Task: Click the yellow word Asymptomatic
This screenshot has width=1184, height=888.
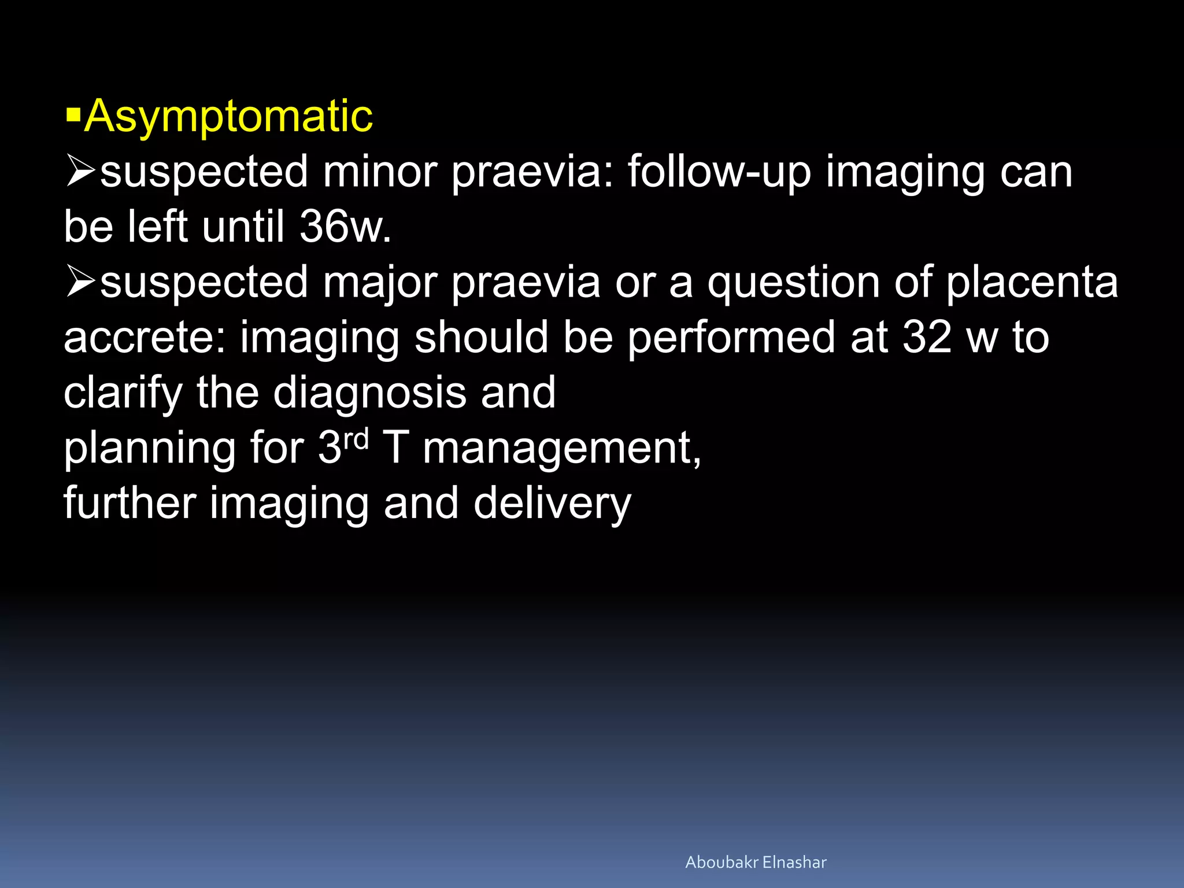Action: point(228,117)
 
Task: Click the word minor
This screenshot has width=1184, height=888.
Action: point(379,172)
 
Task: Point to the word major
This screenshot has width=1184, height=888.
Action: point(379,283)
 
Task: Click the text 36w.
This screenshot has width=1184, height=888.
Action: point(345,227)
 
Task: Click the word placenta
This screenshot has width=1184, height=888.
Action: point(1032,283)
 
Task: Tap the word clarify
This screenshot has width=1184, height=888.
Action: point(123,393)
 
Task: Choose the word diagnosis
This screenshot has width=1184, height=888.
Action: point(369,393)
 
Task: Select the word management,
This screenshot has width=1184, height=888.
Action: point(561,449)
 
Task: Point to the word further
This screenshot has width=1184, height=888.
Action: point(129,504)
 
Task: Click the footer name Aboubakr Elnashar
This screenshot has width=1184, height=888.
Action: point(756,863)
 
